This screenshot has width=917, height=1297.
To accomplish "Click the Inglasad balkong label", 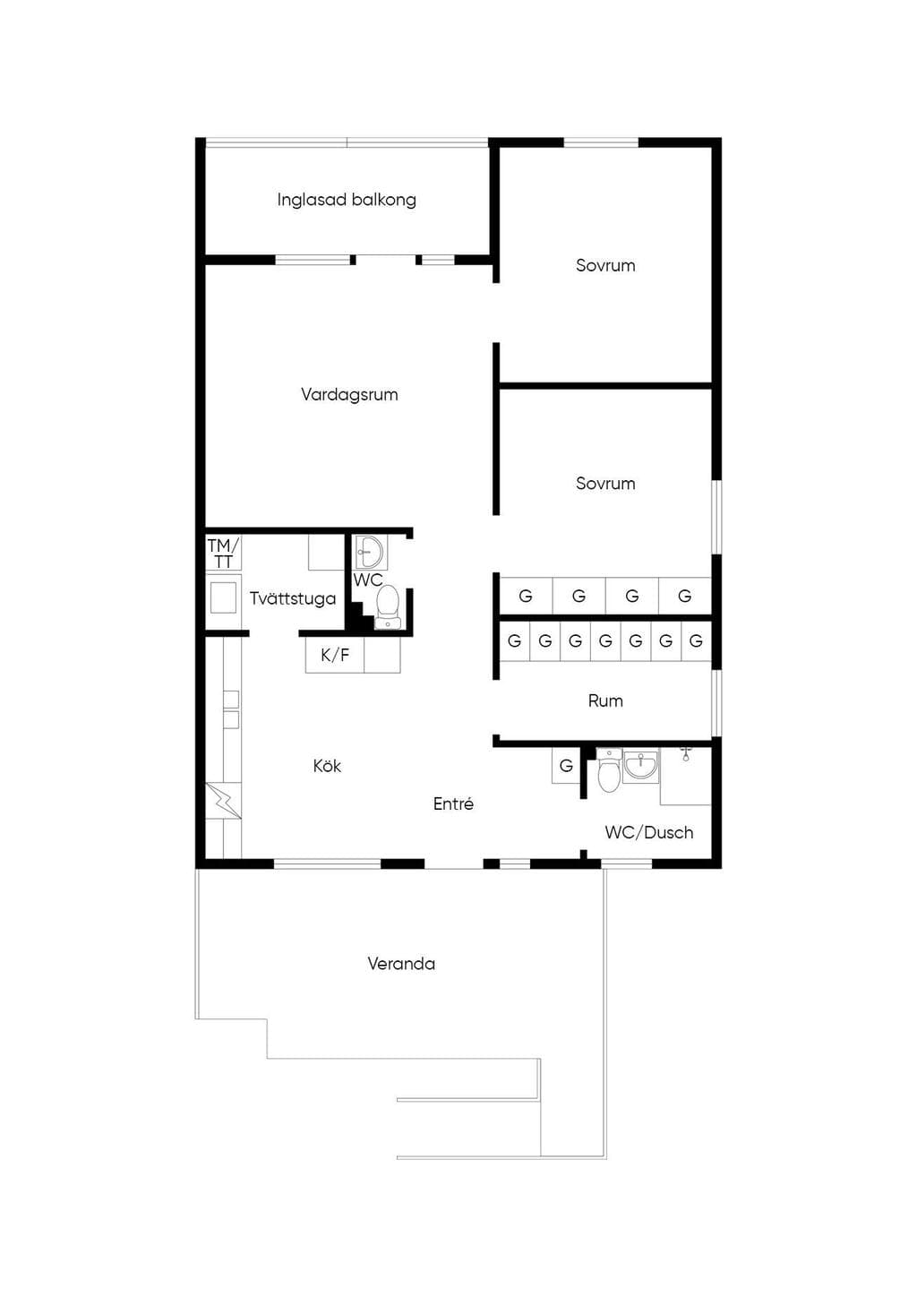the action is [x=347, y=200].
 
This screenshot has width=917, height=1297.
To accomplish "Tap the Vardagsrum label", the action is [x=349, y=395].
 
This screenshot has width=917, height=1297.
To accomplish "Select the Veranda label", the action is [x=401, y=964].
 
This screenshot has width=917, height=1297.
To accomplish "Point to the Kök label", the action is [x=327, y=766].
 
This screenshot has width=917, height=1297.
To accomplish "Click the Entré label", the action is [x=453, y=803].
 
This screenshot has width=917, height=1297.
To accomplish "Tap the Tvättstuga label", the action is [x=293, y=598].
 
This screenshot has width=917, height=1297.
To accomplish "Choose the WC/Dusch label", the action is [x=649, y=833].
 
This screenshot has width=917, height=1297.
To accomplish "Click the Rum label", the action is [x=605, y=700].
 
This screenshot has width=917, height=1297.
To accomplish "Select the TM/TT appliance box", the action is [x=224, y=553].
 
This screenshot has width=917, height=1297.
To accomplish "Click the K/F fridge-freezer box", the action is [x=335, y=655].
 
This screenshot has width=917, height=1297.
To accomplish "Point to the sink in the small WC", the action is [x=369, y=552].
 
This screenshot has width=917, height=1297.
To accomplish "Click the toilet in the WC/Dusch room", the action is [x=608, y=770].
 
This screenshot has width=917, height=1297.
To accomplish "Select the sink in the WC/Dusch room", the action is [x=641, y=766].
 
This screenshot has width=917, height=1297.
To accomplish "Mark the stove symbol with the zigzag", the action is [x=224, y=800].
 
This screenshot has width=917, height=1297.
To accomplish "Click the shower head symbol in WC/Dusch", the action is [x=686, y=753].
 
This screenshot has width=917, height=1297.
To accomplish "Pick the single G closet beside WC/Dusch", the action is [x=566, y=766].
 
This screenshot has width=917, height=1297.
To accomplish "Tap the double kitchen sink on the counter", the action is [x=231, y=710].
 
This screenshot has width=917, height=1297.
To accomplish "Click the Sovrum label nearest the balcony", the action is [x=605, y=266].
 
